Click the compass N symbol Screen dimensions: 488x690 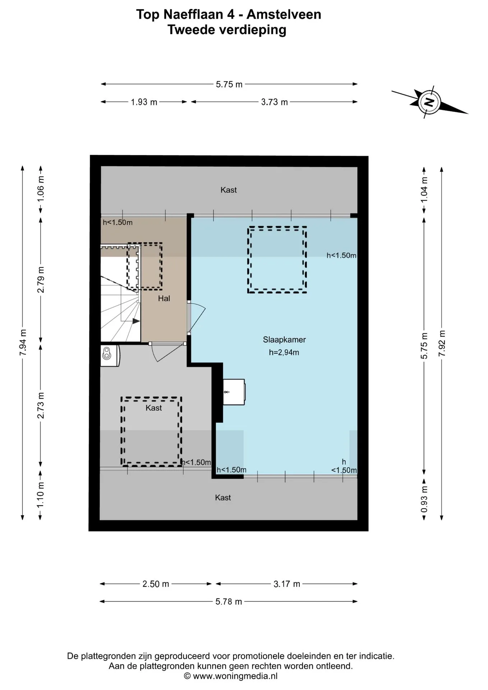coord(429,102)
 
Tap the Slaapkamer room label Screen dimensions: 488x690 coord(284,340)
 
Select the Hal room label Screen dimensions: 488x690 coord(164,298)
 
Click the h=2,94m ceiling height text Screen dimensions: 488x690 coord(284,353)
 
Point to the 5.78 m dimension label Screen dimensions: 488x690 coord(229,602)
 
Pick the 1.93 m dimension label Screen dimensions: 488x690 coord(144,102)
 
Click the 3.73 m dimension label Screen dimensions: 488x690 coord(274,102)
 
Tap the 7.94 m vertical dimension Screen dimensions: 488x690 coord(23,342)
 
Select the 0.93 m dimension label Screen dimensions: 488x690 coord(424,499)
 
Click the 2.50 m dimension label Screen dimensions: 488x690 coord(156,584)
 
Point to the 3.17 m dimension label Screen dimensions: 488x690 coord(286,584)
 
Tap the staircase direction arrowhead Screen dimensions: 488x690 coord(136,321)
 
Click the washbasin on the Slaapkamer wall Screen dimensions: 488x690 coord(234,392)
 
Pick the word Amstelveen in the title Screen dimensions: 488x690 coord(284,14)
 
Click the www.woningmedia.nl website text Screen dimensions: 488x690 coord(235,676)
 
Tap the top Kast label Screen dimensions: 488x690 coord(229,190)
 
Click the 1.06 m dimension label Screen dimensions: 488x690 coord(41,188)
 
